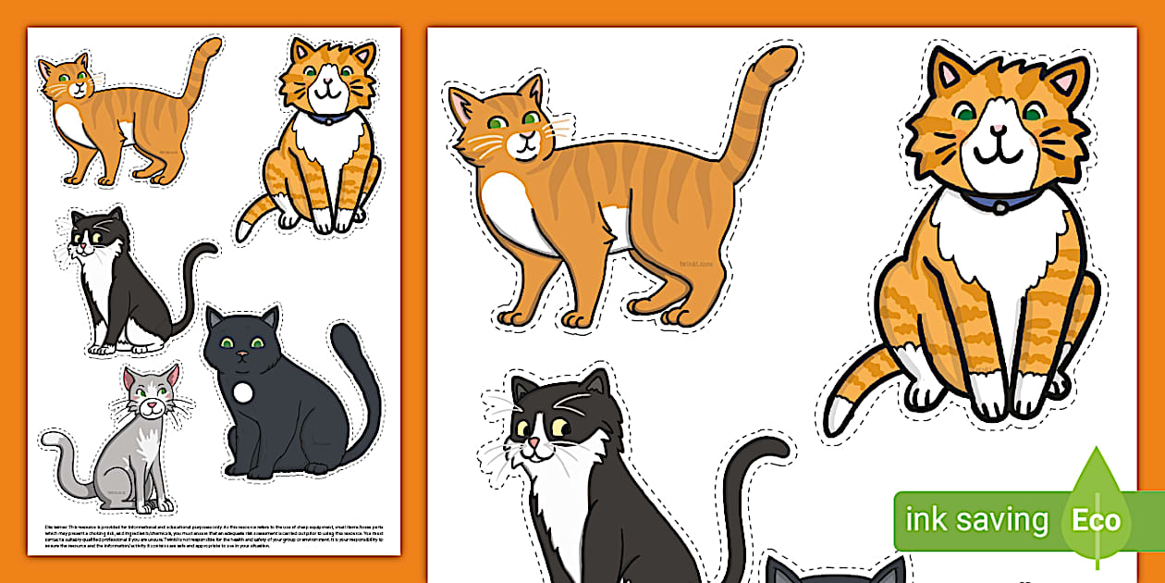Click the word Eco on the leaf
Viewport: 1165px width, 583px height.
(x=1097, y=519)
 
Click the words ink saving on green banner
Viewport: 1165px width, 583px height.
(x=976, y=520)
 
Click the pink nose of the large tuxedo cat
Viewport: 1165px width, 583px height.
(x=533, y=444)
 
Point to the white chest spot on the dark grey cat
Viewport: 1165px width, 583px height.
(x=242, y=392)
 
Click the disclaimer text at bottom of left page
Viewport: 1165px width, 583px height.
(x=213, y=535)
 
